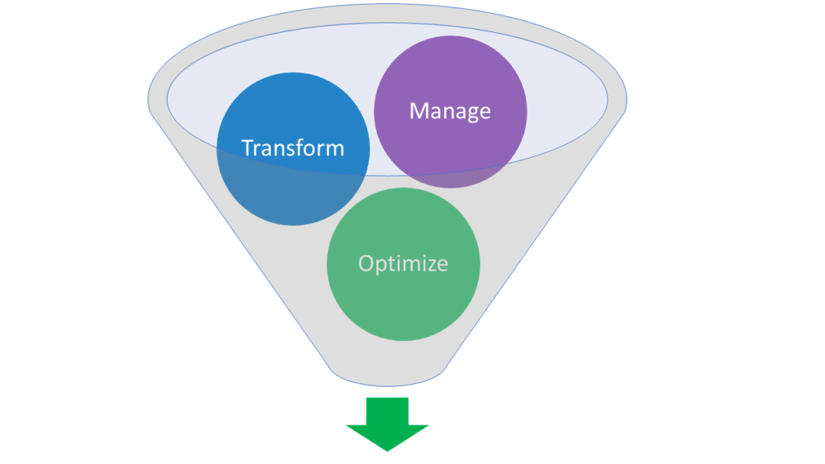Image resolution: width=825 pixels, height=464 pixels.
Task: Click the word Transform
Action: click(x=292, y=148)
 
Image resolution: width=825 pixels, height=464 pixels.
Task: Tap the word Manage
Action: click(x=450, y=110)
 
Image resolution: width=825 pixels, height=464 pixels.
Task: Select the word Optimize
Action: click(x=403, y=263)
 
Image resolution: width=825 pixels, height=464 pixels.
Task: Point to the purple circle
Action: click(x=450, y=81)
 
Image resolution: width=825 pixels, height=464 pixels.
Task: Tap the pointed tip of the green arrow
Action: click(x=388, y=448)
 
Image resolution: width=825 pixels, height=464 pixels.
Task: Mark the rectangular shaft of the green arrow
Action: click(x=388, y=409)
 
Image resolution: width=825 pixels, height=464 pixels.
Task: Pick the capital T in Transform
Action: click(x=247, y=148)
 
